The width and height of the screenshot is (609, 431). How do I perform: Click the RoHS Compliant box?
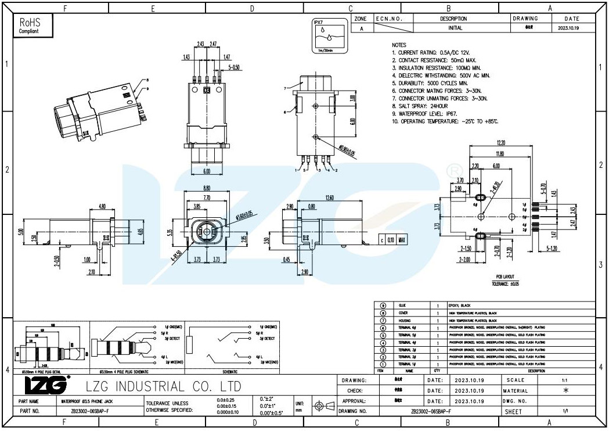[33, 26]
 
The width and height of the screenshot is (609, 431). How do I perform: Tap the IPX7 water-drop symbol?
[329, 37]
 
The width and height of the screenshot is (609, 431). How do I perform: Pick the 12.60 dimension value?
[330, 198]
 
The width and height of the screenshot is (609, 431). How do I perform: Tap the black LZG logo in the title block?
[47, 385]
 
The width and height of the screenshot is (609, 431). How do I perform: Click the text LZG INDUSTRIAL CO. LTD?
[163, 386]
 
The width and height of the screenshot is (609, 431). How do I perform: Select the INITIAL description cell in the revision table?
[455, 28]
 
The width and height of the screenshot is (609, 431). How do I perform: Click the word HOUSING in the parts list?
[404, 320]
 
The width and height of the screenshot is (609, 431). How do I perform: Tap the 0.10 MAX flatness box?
[396, 240]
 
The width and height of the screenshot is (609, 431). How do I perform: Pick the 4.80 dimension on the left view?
[102, 206]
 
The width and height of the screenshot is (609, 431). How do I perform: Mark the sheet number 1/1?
[564, 411]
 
